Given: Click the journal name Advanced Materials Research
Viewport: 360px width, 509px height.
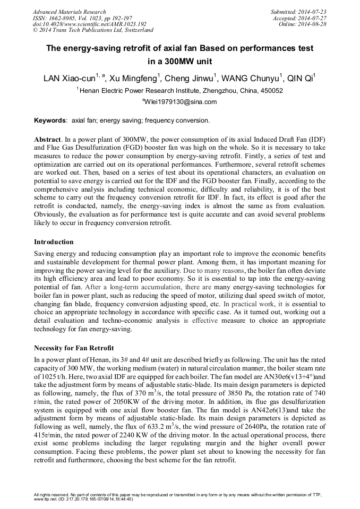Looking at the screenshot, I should [x=70, y=12].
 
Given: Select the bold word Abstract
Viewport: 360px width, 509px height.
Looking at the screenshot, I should [x=47, y=138].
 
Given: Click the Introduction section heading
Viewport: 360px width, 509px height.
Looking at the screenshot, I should [x=54, y=242].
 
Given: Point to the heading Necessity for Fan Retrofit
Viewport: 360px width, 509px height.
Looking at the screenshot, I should [x=74, y=348].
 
